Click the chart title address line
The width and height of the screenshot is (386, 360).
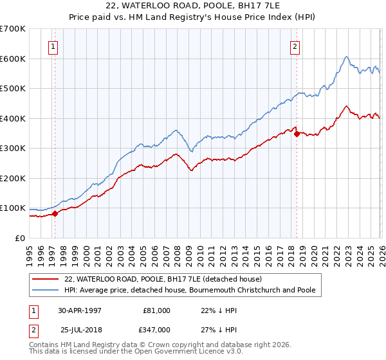(193, 6)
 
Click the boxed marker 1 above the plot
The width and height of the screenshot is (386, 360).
(53, 46)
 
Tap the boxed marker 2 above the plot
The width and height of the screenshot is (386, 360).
(295, 46)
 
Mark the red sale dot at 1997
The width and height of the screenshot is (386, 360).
(55, 213)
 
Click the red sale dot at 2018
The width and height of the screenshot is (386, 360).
(296, 134)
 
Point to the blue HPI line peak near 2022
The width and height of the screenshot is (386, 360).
(346, 57)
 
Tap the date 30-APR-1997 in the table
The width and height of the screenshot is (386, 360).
(79, 310)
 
